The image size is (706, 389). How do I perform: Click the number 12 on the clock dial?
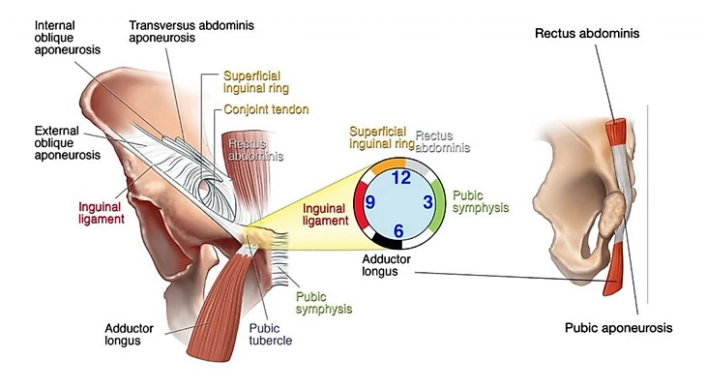pyautogui.click(x=400, y=177)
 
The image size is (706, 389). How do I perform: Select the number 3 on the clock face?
pyautogui.click(x=427, y=203)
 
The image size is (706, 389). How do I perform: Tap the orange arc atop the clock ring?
pyautogui.click(x=383, y=163)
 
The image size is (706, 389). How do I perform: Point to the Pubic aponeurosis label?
pyautogui.click(x=618, y=328)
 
